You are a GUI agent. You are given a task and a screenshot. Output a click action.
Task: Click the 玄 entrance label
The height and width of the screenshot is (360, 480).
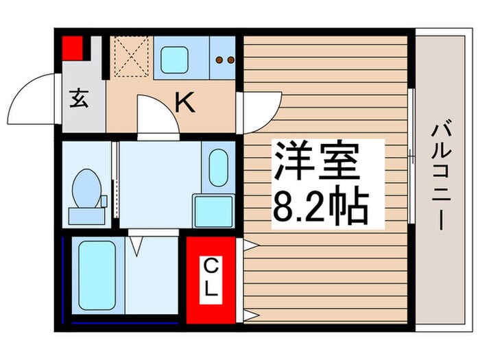click(x=77, y=100)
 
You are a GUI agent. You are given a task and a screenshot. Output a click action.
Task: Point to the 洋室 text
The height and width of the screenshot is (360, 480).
click(x=316, y=162)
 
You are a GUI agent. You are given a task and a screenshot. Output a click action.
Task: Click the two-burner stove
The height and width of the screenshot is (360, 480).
click(x=223, y=60)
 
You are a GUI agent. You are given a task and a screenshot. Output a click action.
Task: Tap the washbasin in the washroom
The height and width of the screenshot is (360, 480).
click(x=218, y=167)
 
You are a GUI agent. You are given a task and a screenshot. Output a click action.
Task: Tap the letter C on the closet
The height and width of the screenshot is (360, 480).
click(x=212, y=263)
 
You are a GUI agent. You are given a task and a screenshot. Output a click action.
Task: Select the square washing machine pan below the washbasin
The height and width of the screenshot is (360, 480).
click(x=213, y=210)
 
